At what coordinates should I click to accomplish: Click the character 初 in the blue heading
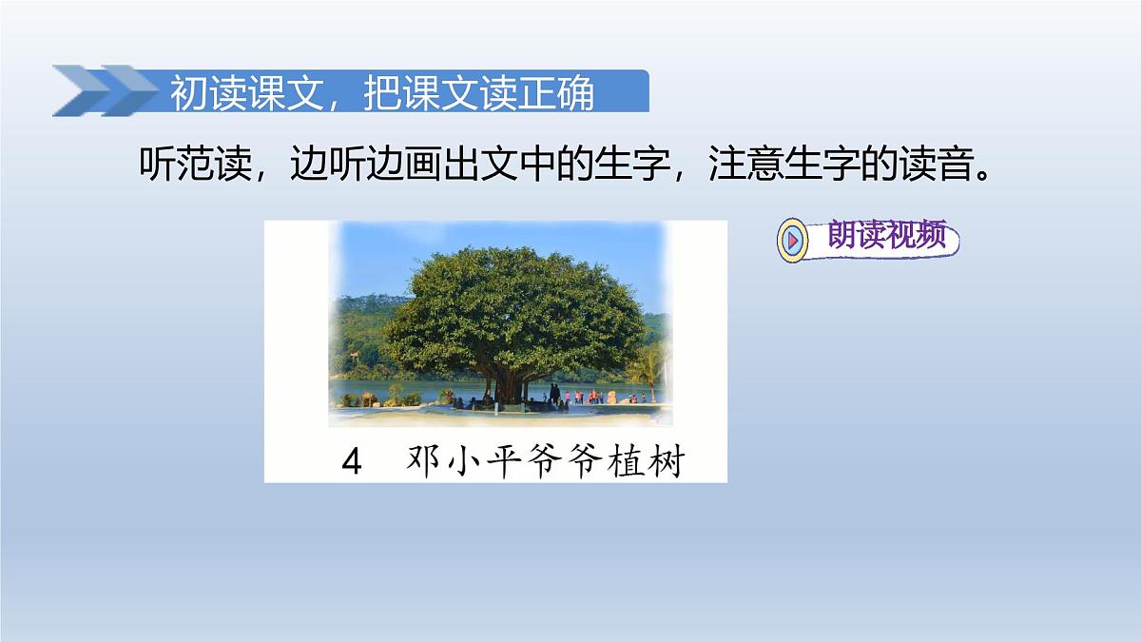[188, 94]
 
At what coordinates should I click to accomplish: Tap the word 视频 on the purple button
[918, 238]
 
